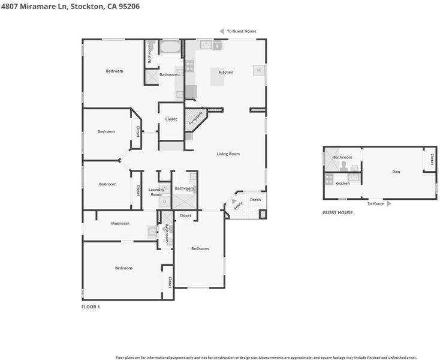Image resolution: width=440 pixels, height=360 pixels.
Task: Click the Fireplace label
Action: (x=195, y=119)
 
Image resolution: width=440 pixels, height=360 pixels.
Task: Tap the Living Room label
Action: (x=228, y=154)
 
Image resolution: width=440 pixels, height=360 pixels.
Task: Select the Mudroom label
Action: (x=120, y=224)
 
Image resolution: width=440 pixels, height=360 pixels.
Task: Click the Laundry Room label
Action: (x=156, y=192)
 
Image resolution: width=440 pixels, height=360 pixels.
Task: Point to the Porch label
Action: (x=255, y=200)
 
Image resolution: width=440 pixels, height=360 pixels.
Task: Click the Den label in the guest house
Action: (x=396, y=172)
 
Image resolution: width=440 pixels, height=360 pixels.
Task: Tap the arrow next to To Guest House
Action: (x=222, y=31)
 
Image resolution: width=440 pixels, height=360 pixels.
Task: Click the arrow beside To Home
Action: (x=389, y=203)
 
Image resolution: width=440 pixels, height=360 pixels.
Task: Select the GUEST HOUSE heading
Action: (x=337, y=212)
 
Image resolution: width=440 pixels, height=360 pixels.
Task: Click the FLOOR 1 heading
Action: (x=91, y=307)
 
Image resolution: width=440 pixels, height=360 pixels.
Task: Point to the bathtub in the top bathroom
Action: (x=170, y=47)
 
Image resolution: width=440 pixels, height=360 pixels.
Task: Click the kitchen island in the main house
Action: (x=218, y=77)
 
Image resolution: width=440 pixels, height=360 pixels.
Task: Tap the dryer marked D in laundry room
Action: (x=165, y=202)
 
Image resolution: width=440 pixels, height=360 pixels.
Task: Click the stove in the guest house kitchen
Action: (x=329, y=179)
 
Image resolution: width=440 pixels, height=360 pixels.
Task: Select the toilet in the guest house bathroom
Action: (x=343, y=166)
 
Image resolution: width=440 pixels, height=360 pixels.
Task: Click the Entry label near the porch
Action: (x=238, y=206)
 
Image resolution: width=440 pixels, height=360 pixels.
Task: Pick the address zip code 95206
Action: (x=129, y=7)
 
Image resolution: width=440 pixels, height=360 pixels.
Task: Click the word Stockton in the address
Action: (x=87, y=7)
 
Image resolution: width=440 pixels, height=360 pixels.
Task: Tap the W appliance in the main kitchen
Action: (x=259, y=70)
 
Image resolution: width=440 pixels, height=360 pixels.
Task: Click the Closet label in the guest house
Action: (x=432, y=159)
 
